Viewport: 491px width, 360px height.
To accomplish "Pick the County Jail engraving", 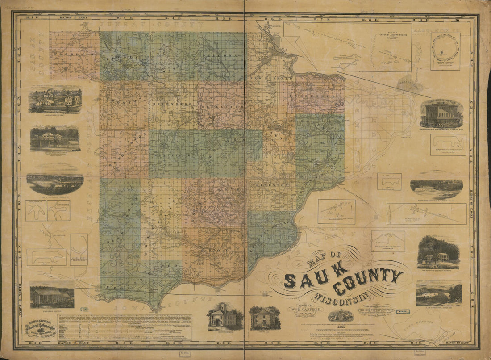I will [x=265, y=317].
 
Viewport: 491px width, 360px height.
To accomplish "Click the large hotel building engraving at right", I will [x=441, y=114].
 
